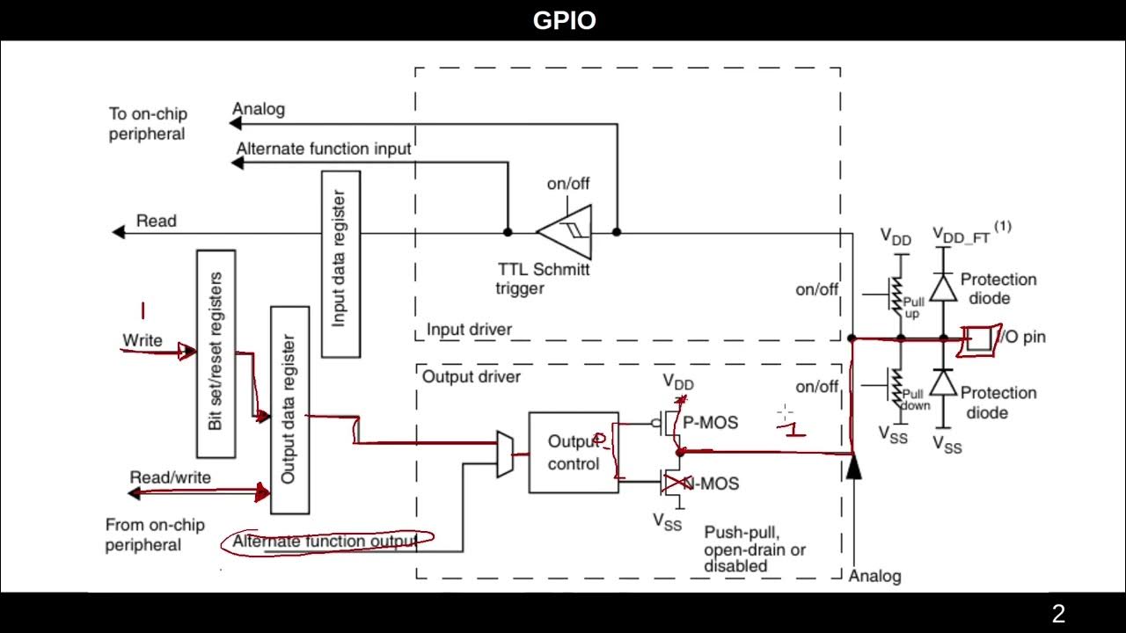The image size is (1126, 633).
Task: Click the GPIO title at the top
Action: [564, 20]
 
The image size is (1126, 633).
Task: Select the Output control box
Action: [573, 452]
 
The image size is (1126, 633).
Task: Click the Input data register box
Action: [340, 263]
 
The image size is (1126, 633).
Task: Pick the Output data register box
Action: [289, 410]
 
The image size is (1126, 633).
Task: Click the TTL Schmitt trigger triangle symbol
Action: [567, 232]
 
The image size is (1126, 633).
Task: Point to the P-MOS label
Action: [711, 423]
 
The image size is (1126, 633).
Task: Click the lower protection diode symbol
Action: [943, 382]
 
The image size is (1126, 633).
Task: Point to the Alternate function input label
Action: [323, 149]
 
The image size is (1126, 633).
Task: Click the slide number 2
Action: [1058, 614]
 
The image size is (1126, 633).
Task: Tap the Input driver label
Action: [469, 330]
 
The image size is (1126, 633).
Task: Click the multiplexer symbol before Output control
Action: [506, 455]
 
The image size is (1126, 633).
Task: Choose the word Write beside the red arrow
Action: [143, 340]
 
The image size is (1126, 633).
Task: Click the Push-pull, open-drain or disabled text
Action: [754, 549]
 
